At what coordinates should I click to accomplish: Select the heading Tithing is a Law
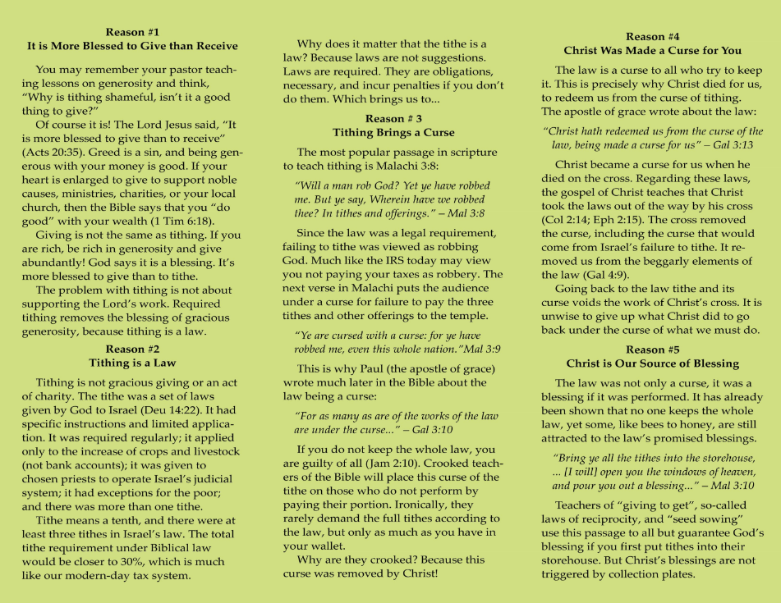pos(131,362)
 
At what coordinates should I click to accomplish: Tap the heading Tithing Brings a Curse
pos(393,132)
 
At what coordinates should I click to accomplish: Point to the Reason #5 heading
pos(652,349)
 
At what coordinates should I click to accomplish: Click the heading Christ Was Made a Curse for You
pos(652,50)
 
